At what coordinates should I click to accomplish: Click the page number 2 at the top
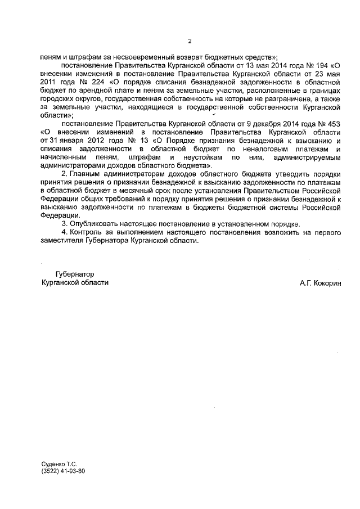(190, 41)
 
